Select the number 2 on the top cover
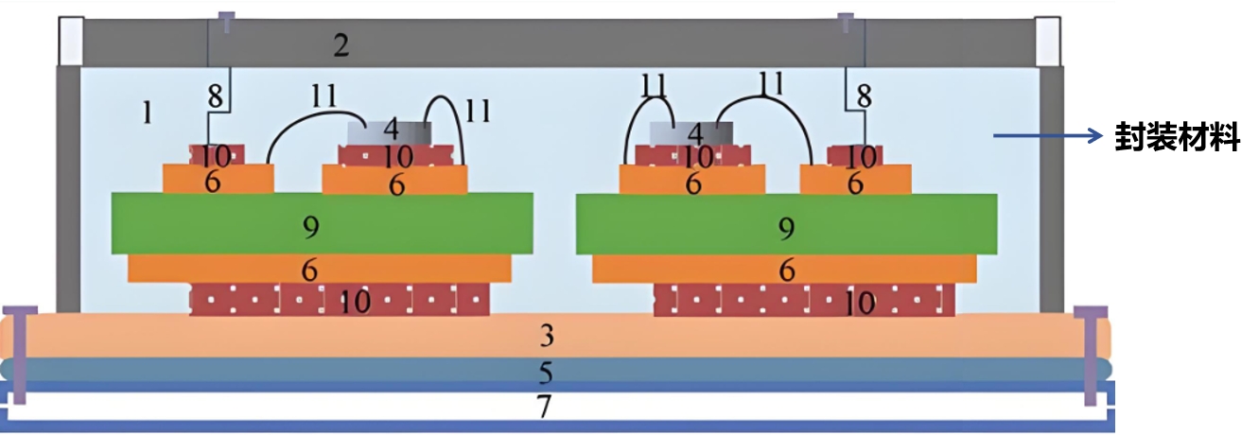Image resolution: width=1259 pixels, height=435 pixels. click(x=341, y=44)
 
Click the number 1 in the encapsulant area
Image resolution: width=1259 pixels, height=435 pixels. click(x=147, y=113)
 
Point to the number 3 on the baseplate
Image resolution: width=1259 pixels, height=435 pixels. click(x=546, y=337)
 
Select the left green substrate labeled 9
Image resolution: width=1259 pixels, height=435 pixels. click(x=322, y=224)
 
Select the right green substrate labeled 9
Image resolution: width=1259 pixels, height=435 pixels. click(x=786, y=224)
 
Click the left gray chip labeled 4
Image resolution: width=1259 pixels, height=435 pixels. click(x=389, y=131)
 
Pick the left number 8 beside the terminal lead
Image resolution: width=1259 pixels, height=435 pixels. click(x=215, y=96)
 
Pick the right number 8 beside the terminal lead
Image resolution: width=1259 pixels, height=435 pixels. click(x=863, y=96)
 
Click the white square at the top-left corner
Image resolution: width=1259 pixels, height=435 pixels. click(x=71, y=39)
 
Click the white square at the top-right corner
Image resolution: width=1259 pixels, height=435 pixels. click(x=1048, y=39)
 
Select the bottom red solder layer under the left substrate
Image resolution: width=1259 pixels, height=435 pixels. click(x=340, y=301)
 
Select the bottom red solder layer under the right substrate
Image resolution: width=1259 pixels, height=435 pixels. click(x=804, y=301)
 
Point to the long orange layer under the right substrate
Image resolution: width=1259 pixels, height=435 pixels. click(x=784, y=270)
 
